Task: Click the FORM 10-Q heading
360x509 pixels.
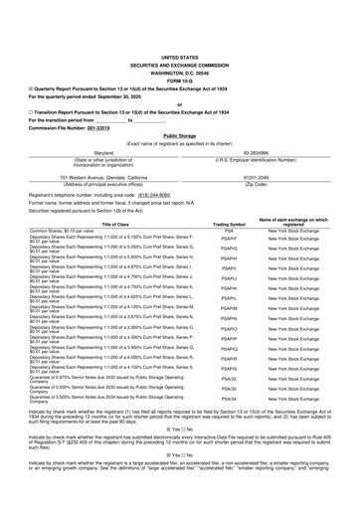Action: [179, 52]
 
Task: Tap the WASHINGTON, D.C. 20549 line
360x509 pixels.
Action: [179, 45]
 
